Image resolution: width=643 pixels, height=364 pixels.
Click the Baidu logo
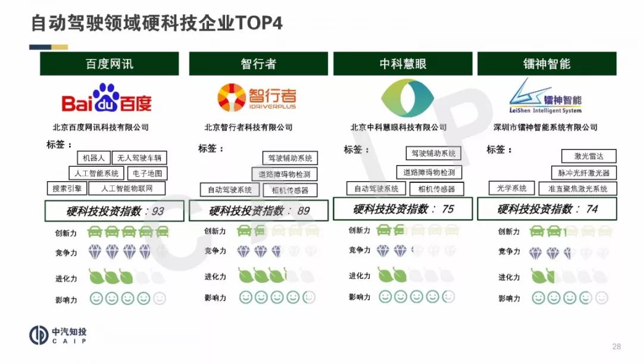click(107, 98)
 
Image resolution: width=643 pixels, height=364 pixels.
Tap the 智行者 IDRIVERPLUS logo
click(257, 98)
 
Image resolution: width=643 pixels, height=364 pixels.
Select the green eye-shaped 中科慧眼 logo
click(407, 98)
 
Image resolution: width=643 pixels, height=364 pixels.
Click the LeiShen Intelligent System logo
click(545, 97)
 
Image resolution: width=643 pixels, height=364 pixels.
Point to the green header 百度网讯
click(110, 64)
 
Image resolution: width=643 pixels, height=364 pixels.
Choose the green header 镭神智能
click(547, 64)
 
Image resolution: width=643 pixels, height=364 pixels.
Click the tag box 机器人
click(94, 158)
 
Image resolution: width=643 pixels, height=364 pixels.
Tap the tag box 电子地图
click(148, 173)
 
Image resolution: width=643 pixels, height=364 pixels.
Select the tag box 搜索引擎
click(67, 188)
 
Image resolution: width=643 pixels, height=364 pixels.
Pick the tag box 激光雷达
click(588, 156)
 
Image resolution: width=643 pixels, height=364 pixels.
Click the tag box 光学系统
click(512, 188)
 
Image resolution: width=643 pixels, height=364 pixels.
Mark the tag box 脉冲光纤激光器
click(583, 173)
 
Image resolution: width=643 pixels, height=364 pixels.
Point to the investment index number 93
click(158, 211)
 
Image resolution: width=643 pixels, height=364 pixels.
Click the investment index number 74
click(592, 209)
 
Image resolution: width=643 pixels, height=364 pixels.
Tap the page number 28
click(616, 346)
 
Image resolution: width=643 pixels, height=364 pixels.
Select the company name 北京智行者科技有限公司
click(248, 127)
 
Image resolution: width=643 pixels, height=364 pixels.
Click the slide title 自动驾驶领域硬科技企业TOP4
click(157, 23)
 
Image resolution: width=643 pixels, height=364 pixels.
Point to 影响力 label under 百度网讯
click(66, 300)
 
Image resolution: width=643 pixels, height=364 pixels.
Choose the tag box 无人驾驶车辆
click(139, 158)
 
